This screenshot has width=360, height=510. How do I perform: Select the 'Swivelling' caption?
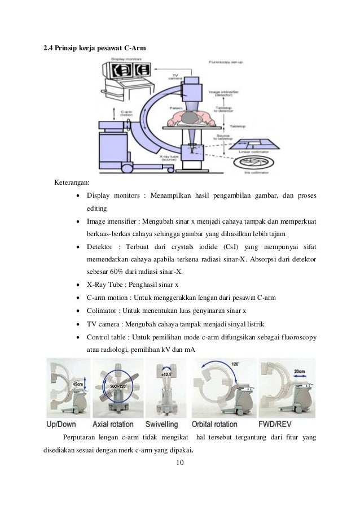(x=161, y=424)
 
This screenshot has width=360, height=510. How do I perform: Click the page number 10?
(x=180, y=464)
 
